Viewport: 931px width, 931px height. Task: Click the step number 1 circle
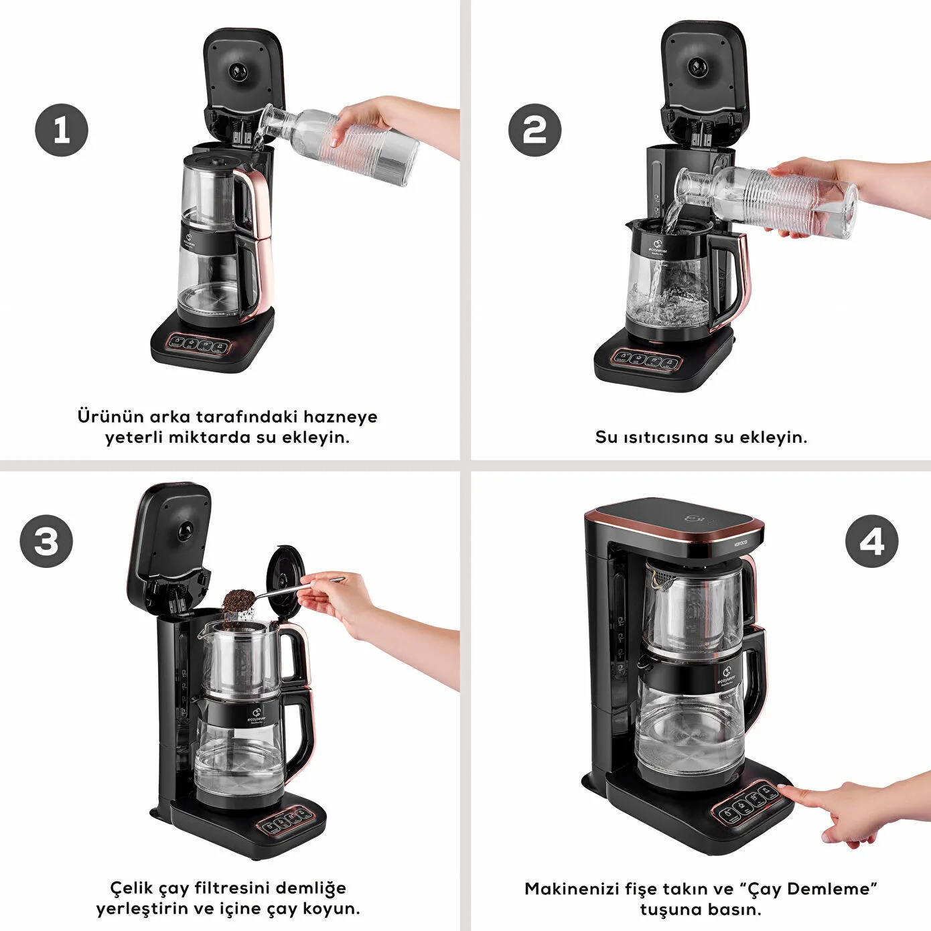62,130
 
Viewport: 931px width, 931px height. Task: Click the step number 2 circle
534,130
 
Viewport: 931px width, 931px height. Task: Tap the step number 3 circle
46,541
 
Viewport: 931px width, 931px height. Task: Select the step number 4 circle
871,541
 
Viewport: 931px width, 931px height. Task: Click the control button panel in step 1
200,345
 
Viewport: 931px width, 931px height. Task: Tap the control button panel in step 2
647,360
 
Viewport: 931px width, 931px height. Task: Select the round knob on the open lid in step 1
238,71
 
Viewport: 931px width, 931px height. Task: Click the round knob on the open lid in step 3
184,531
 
